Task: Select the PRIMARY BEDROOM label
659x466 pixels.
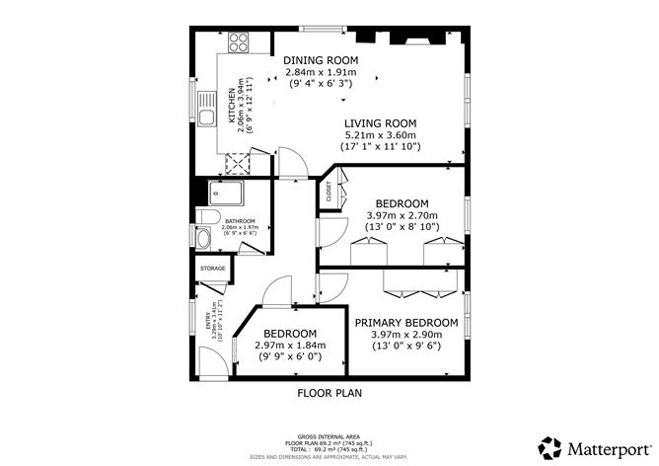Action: coord(405,323)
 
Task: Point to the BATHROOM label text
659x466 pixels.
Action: coord(240,221)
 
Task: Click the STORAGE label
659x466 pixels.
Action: coord(212,269)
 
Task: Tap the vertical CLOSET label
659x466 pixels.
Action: coord(329,194)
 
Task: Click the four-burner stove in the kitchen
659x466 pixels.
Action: coord(239,42)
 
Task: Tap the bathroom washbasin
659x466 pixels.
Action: coord(204,239)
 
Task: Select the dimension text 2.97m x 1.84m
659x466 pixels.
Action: coord(289,346)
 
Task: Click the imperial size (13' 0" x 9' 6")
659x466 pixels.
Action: coord(405,347)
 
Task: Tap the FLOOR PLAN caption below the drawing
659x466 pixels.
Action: coord(329,392)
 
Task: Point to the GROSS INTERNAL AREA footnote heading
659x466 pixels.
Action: coord(329,434)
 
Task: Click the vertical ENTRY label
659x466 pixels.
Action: coord(208,321)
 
